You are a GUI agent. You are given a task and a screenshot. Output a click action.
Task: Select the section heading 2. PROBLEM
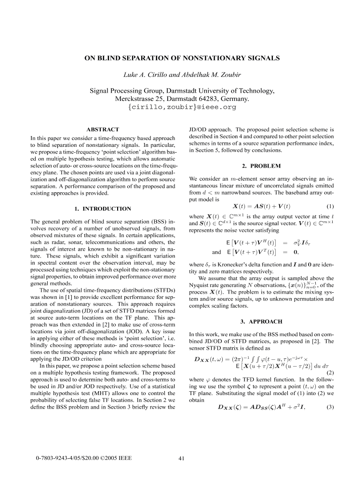[x=259, y=166]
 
